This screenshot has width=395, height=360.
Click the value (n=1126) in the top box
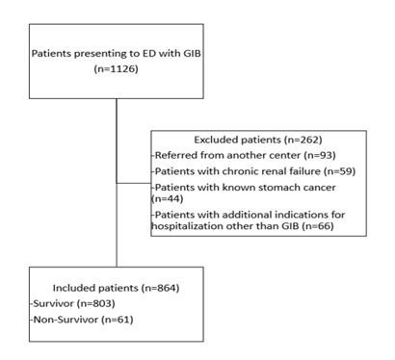point(115,69)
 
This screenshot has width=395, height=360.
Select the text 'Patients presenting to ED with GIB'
point(115,55)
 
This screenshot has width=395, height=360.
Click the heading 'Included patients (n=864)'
point(115,284)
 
